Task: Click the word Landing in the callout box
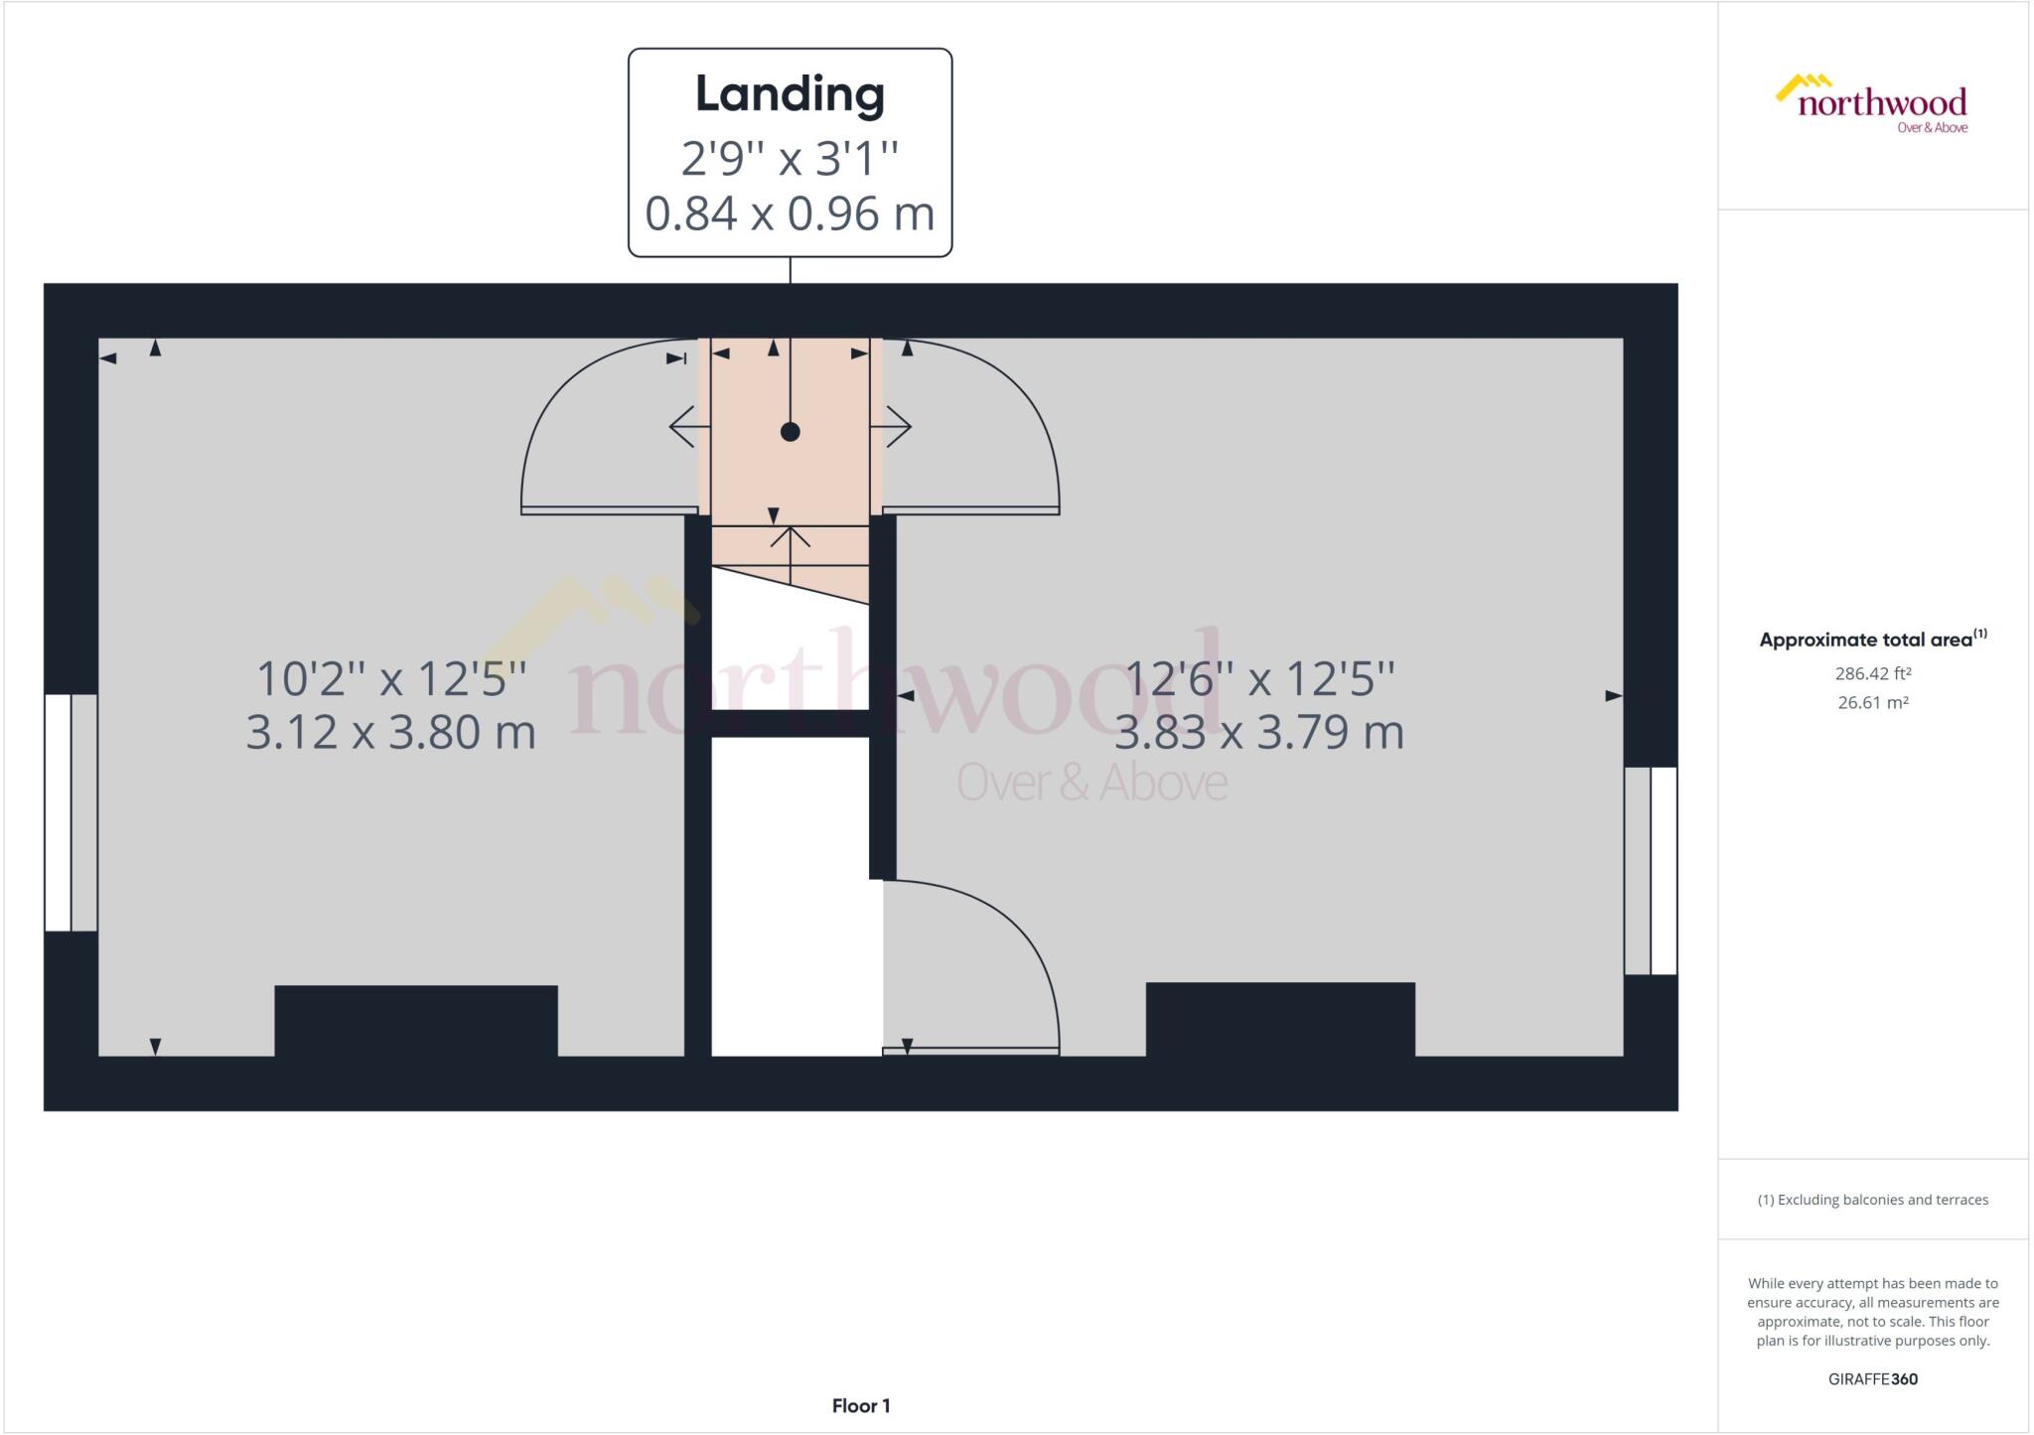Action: pyautogui.click(x=790, y=95)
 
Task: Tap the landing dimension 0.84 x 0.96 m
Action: pyautogui.click(x=790, y=214)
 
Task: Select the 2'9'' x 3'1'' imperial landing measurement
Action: pyautogui.click(x=790, y=158)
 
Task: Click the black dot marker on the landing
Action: pyautogui.click(x=791, y=432)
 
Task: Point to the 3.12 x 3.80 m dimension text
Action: pyautogui.click(x=390, y=733)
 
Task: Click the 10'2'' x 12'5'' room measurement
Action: pyautogui.click(x=390, y=679)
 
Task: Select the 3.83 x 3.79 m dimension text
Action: pyautogui.click(x=1259, y=733)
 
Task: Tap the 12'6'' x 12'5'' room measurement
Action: pyautogui.click(x=1259, y=679)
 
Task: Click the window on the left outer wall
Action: pyautogui.click(x=71, y=812)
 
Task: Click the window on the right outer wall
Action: pyautogui.click(x=1651, y=870)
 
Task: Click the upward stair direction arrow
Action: pyautogui.click(x=791, y=555)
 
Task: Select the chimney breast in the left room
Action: pyautogui.click(x=416, y=1021)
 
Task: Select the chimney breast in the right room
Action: pyautogui.click(x=1280, y=1019)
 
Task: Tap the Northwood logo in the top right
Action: pyautogui.click(x=1871, y=103)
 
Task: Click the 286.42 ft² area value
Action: pyautogui.click(x=1873, y=673)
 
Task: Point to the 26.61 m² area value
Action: pyautogui.click(x=1873, y=702)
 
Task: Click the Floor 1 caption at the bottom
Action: pyautogui.click(x=861, y=1405)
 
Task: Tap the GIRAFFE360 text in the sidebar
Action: pyautogui.click(x=1873, y=1378)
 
